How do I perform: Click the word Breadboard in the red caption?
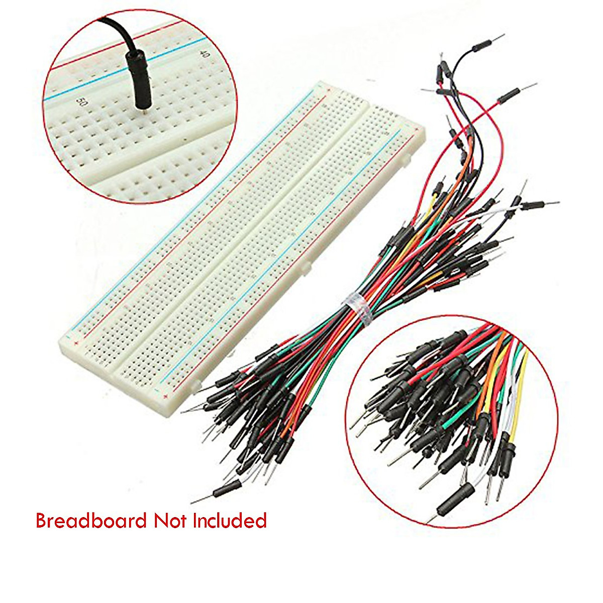pos(91,521)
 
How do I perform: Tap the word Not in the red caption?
pos(170,521)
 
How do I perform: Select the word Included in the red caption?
pos(230,521)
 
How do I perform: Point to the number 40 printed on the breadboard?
pos(204,53)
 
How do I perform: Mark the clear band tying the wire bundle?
pos(355,308)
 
